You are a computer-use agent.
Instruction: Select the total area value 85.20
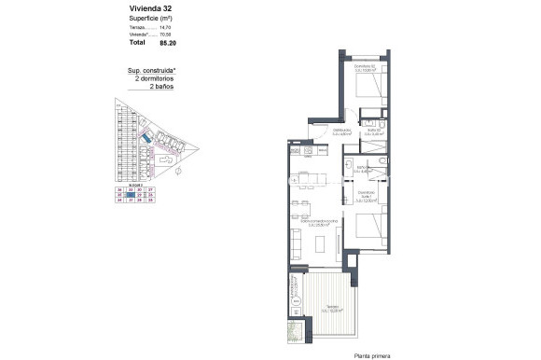[x=170, y=43]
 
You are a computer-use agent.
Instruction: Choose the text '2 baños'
[x=149, y=88]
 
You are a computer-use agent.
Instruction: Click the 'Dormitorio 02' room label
[x=365, y=66]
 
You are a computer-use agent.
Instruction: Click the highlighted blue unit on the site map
[x=146, y=137]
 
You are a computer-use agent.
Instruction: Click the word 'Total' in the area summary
[x=138, y=43]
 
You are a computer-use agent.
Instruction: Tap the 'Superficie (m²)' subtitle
[x=149, y=18]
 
